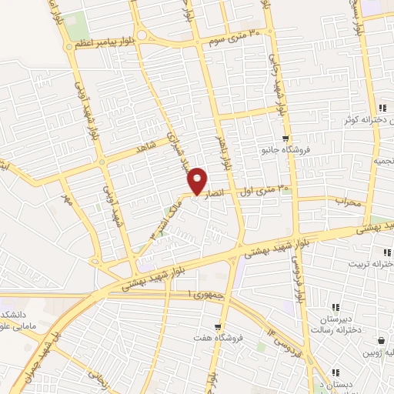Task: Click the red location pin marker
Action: point(198,181)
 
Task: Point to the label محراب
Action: point(348,201)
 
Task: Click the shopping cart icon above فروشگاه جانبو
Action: point(285,139)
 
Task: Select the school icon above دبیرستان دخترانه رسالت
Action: point(334,306)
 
